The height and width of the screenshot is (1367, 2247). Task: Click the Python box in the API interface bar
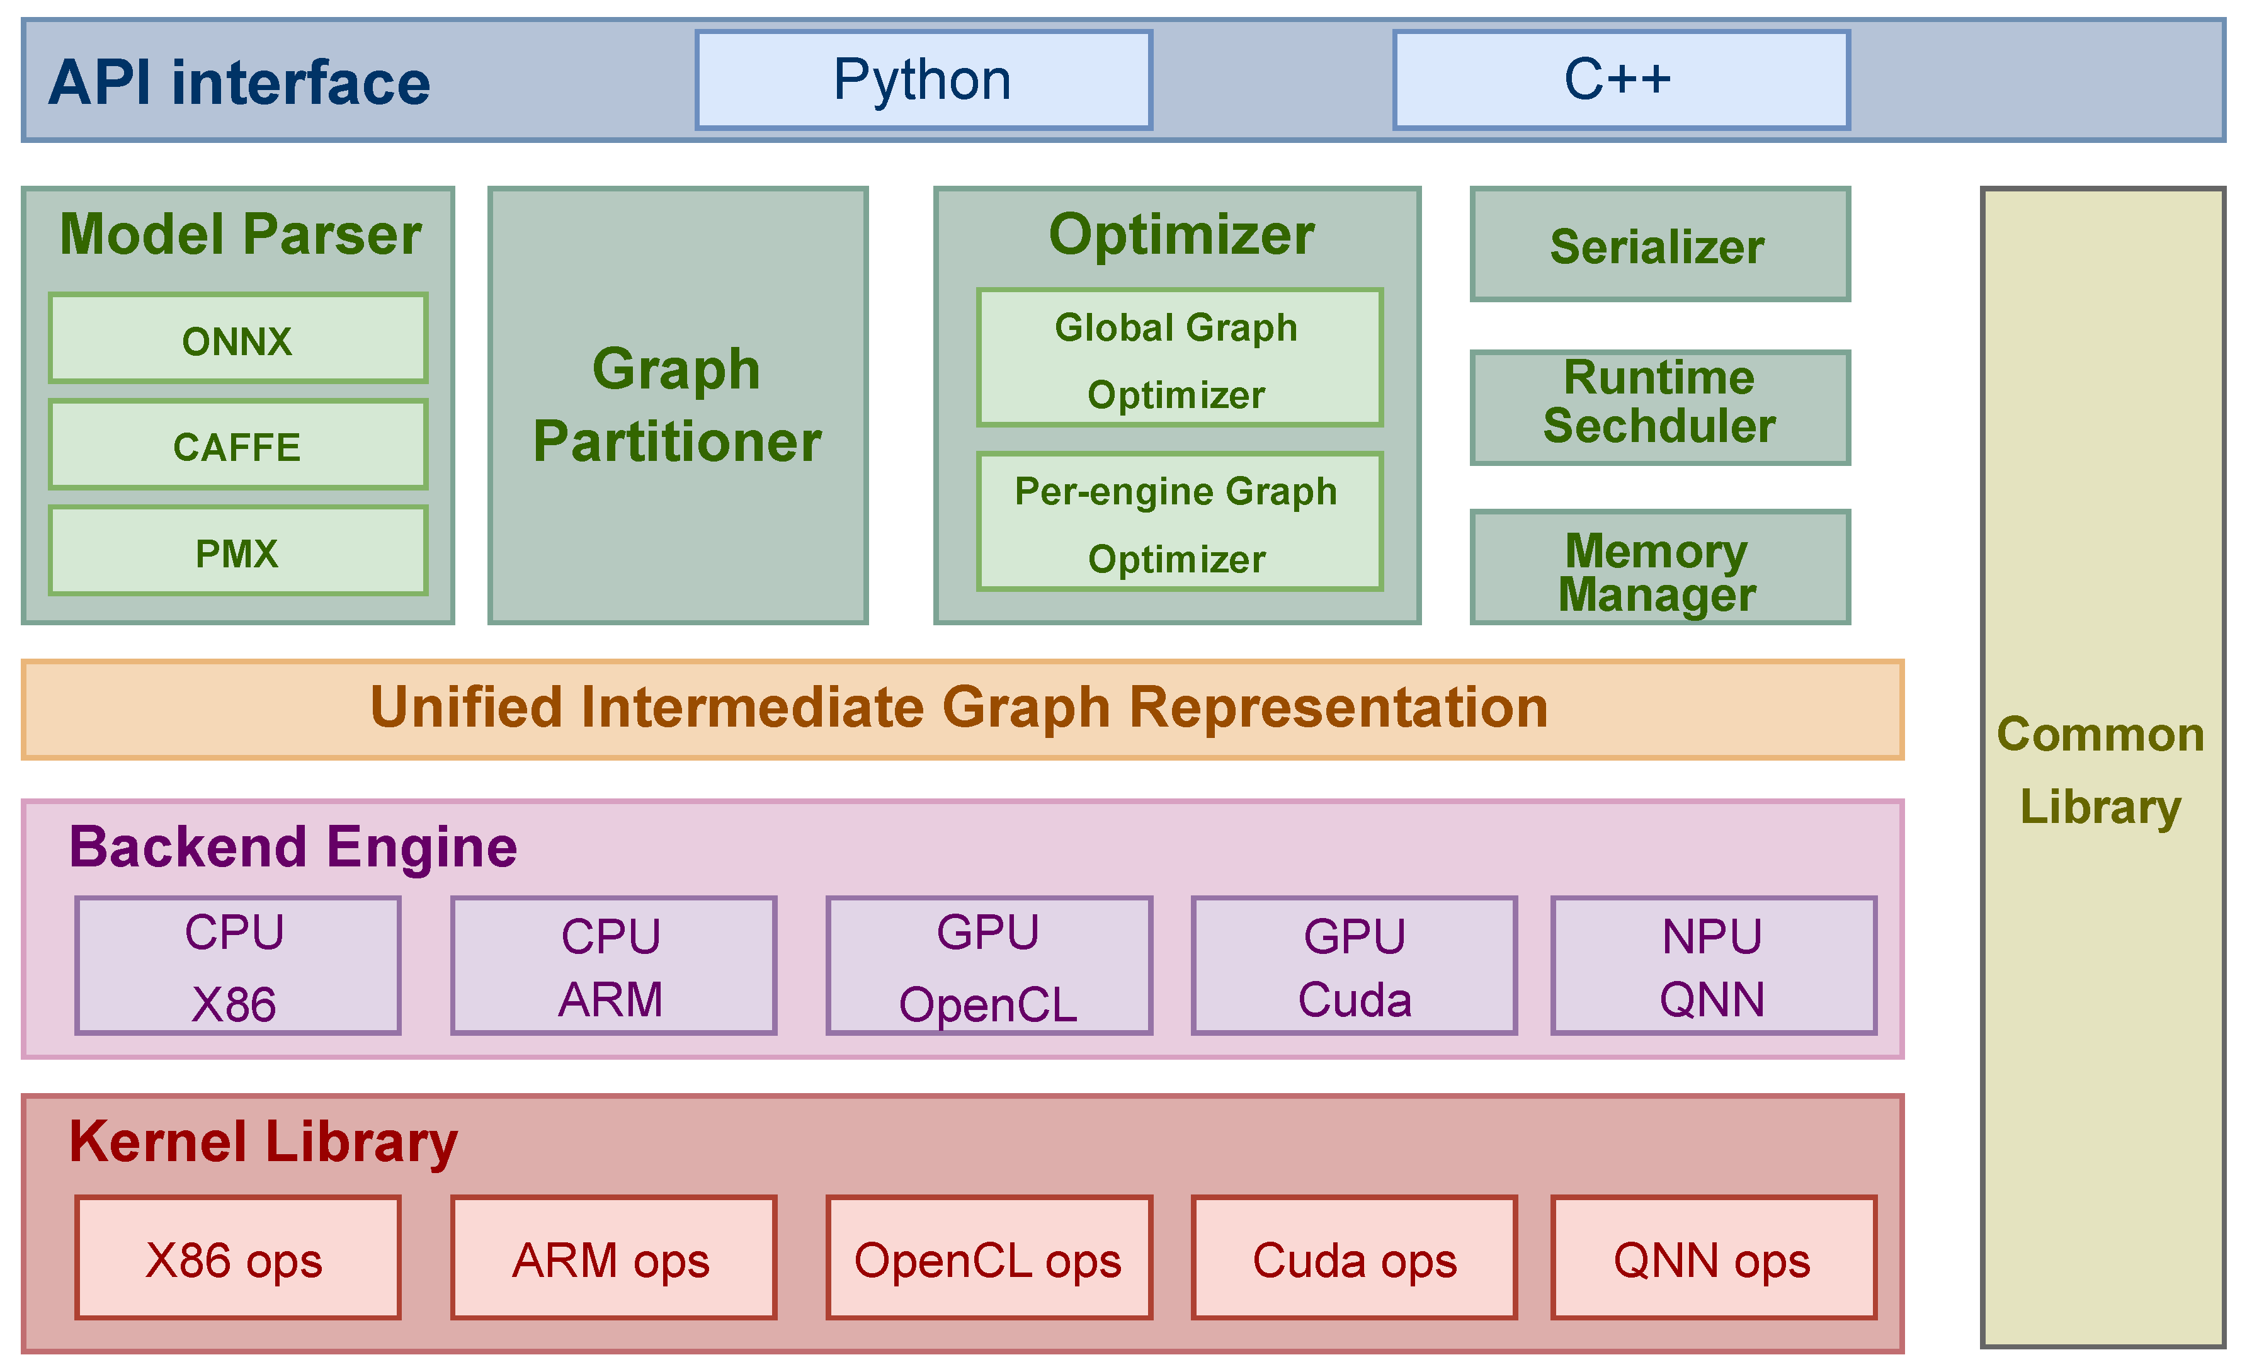point(923,80)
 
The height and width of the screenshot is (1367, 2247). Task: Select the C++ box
point(1620,80)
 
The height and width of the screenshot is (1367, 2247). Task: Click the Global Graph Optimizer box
point(1178,358)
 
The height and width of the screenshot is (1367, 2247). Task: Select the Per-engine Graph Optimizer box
point(1178,523)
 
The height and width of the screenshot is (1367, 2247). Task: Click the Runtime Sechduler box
point(1659,407)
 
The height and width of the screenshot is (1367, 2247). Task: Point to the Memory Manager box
point(1659,568)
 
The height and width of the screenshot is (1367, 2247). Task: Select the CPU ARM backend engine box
point(613,966)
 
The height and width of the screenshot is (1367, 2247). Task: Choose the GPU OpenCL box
point(989,966)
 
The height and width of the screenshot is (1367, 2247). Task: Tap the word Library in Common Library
point(2100,807)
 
